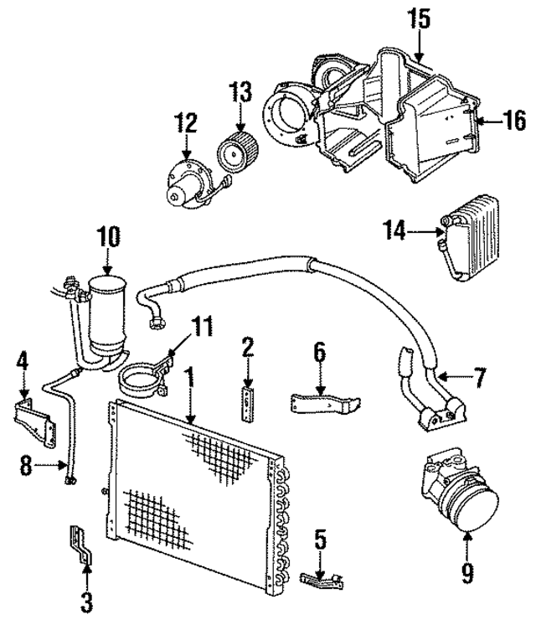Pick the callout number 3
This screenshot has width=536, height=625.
(87, 601)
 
